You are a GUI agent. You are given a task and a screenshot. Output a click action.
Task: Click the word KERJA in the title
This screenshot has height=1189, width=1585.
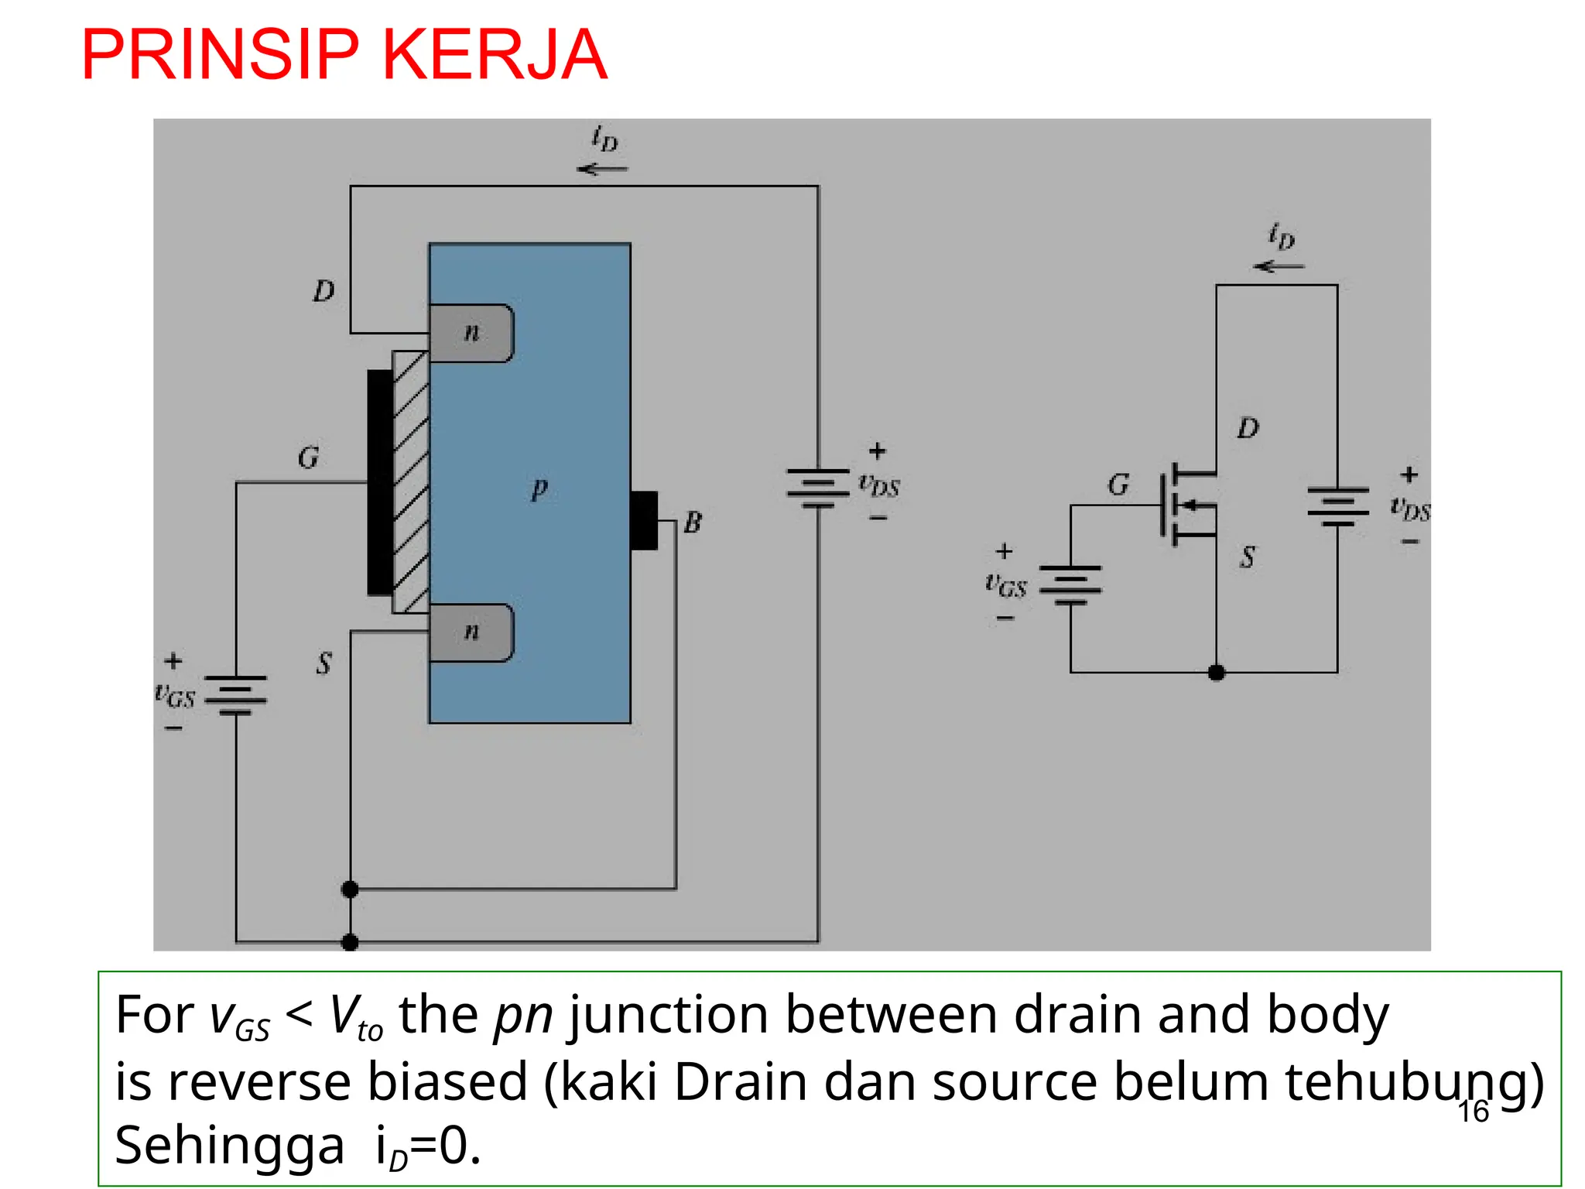click(495, 54)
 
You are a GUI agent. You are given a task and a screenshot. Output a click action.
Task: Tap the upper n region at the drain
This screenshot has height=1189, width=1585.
click(471, 334)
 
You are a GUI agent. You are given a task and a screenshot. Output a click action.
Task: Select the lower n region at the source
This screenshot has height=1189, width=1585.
click(471, 632)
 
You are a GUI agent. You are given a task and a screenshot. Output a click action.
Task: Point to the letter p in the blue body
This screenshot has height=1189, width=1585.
click(539, 488)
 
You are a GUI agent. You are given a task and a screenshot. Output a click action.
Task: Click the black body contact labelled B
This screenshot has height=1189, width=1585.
click(644, 520)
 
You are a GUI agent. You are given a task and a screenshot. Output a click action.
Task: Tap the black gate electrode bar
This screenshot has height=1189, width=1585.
click(379, 482)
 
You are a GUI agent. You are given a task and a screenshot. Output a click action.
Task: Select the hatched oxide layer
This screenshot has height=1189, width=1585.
click(410, 482)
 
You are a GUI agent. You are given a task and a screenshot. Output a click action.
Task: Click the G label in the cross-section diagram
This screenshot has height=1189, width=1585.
click(308, 457)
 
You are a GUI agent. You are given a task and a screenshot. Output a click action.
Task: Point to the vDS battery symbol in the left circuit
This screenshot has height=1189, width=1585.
click(818, 488)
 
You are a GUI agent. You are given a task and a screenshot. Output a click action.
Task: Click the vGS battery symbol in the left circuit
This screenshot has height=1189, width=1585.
click(235, 694)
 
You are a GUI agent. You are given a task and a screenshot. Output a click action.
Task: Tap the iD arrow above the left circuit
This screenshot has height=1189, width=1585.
click(602, 169)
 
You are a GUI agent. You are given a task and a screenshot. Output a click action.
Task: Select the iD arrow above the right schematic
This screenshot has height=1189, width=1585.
click(1279, 266)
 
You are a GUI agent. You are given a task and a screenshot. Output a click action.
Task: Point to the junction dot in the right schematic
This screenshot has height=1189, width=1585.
click(1216, 672)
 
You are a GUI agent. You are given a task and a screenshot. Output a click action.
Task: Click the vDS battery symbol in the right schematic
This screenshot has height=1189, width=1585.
click(1337, 506)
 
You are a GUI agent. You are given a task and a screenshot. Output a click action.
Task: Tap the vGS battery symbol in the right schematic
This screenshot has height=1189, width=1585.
click(1070, 584)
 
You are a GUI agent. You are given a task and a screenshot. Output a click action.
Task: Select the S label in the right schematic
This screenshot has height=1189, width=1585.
click(1248, 557)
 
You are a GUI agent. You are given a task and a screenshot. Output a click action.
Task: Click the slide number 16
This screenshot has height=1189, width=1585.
click(1473, 1112)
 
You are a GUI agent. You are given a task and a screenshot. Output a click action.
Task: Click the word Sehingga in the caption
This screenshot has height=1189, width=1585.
click(229, 1146)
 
